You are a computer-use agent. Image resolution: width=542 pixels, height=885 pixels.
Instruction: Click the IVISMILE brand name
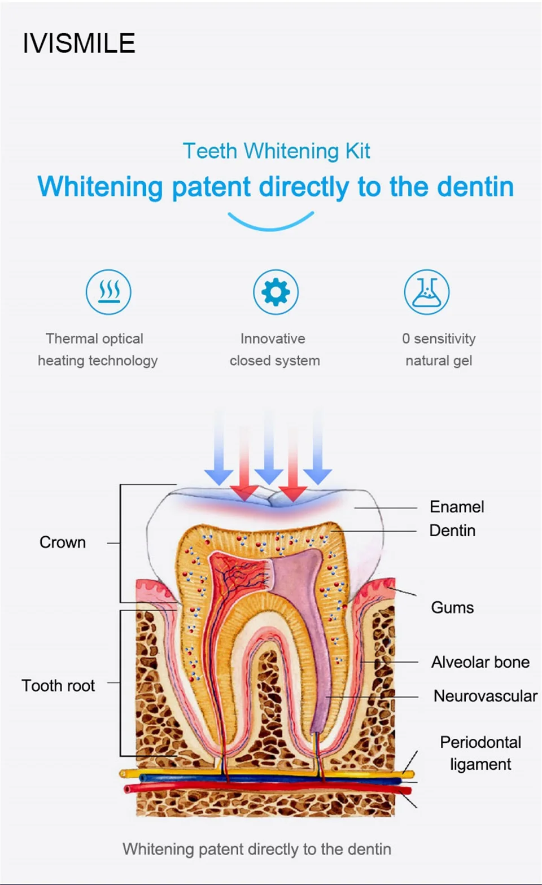(x=79, y=43)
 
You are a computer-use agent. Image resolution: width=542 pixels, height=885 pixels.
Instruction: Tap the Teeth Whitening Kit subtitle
(x=276, y=151)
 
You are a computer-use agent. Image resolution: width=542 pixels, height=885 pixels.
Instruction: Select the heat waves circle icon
(x=108, y=292)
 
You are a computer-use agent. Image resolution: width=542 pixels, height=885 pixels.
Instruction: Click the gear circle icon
(x=276, y=292)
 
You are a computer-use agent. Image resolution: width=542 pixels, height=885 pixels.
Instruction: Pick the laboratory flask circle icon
(x=427, y=292)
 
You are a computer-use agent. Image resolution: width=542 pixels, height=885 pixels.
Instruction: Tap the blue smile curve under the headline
(x=271, y=222)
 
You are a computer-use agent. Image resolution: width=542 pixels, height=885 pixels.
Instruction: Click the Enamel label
(x=457, y=506)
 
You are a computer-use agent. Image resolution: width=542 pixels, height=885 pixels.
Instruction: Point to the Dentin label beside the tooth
(x=452, y=531)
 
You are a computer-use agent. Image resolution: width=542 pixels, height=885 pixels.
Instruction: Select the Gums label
(x=452, y=607)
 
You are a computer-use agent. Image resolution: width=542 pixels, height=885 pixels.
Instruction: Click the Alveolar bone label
(x=480, y=662)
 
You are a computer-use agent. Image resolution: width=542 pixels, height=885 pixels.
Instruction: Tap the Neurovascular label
(x=485, y=696)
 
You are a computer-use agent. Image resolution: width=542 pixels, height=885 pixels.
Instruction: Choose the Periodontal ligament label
(x=480, y=753)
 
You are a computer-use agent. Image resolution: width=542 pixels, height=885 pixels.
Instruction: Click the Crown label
(x=63, y=542)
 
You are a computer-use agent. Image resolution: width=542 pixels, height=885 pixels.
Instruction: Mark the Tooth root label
(x=58, y=686)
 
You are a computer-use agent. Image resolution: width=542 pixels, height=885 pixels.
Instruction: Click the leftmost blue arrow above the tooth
(x=219, y=452)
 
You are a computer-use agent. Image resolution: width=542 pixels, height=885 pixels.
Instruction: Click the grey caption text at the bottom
(x=257, y=849)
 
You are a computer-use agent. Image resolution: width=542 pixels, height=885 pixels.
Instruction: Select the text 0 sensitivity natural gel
(x=439, y=349)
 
